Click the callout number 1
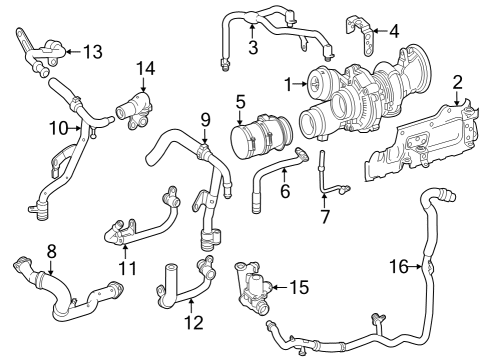pos(289,85)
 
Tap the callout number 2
pos(457,82)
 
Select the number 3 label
pos(253,47)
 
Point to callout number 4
pos(394,31)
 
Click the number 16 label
pos(399,266)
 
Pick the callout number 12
pos(194,322)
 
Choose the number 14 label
pos(146,69)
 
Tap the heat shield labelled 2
pos(423,142)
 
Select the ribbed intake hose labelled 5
pos(262,137)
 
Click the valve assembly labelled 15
pos(253,288)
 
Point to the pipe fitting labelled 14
pos(135,112)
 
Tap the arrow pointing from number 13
pos(73,51)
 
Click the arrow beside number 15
pos(279,287)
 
